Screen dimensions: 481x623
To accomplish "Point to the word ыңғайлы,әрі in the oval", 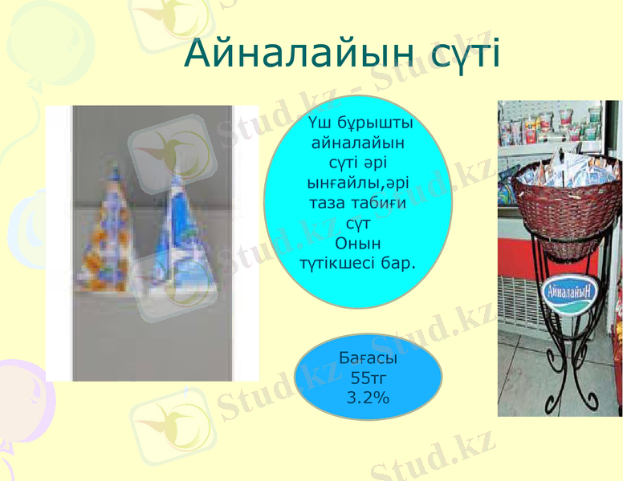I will (x=357, y=184).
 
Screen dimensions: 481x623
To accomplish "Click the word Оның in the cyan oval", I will (x=357, y=243).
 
